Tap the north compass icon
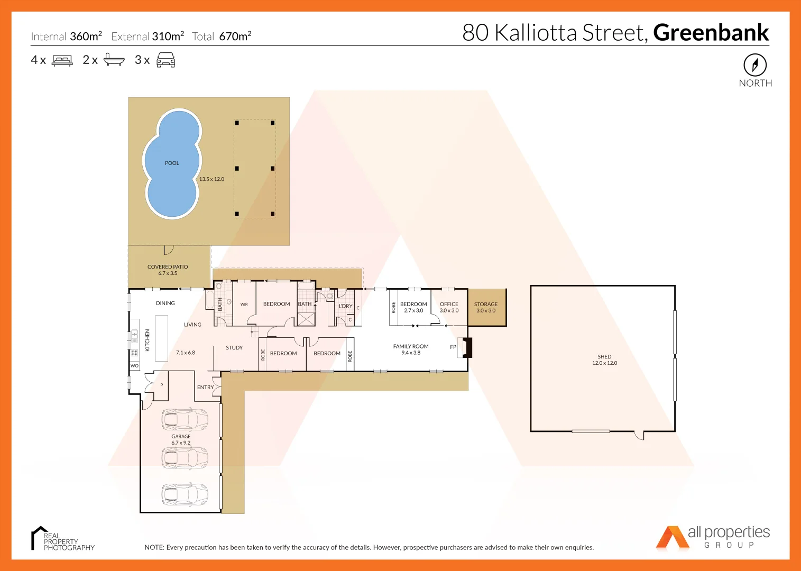point(755,65)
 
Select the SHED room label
point(604,357)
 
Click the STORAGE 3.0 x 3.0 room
point(486,307)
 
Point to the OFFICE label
point(449,304)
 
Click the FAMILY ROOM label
point(411,346)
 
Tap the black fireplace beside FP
point(467,347)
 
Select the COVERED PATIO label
point(168,267)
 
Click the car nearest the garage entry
point(185,419)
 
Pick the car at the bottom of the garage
point(185,494)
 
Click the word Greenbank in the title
point(711,32)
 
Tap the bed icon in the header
point(62,60)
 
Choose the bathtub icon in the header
point(114,60)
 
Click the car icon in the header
point(165,60)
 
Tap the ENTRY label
point(205,387)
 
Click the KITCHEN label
point(148,340)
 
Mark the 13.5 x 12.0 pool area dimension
point(211,179)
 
